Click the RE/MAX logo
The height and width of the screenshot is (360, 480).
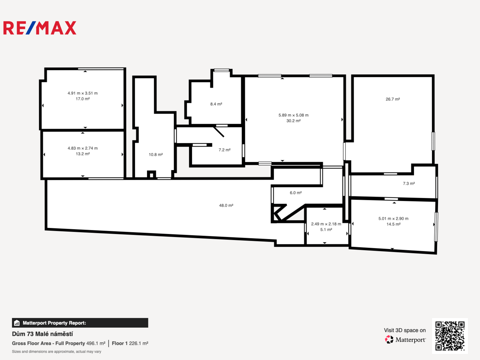pyautogui.click(x=40, y=28)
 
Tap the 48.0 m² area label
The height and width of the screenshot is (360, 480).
pyautogui.click(x=226, y=205)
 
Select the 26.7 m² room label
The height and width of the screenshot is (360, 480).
pyautogui.click(x=393, y=99)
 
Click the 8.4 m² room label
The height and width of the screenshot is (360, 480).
pyautogui.click(x=216, y=104)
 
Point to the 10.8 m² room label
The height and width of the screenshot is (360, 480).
pyautogui.click(x=156, y=155)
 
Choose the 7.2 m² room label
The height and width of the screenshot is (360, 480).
pyautogui.click(x=225, y=150)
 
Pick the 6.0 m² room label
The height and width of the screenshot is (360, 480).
pyautogui.click(x=296, y=193)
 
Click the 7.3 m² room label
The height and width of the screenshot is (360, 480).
pyautogui.click(x=409, y=184)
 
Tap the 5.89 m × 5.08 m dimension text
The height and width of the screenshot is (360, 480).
pyautogui.click(x=293, y=115)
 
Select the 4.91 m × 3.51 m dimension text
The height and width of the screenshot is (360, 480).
pyautogui.click(x=83, y=93)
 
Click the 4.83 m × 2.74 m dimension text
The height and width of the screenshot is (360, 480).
pyautogui.click(x=83, y=148)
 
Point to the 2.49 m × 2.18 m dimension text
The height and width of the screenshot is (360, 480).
pyautogui.click(x=326, y=224)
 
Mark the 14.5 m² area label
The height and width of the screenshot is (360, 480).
pyautogui.click(x=393, y=224)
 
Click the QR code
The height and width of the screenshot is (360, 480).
pyautogui.click(x=450, y=336)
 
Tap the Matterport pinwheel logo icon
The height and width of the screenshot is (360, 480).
pyautogui.click(x=389, y=339)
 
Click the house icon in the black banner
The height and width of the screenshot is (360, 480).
pyautogui.click(x=17, y=323)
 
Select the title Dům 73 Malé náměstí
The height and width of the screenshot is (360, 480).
pyautogui.click(x=42, y=334)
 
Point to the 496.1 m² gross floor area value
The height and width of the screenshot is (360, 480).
pyautogui.click(x=96, y=343)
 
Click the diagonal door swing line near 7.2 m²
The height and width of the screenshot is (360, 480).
pyautogui.click(x=219, y=132)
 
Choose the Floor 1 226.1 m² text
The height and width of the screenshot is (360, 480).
pyautogui.click(x=130, y=343)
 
